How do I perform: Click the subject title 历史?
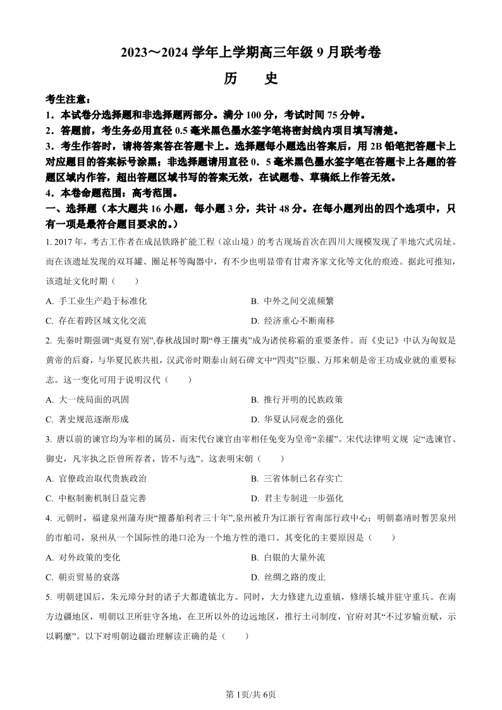click(251, 78)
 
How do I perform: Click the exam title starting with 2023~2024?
click(251, 54)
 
